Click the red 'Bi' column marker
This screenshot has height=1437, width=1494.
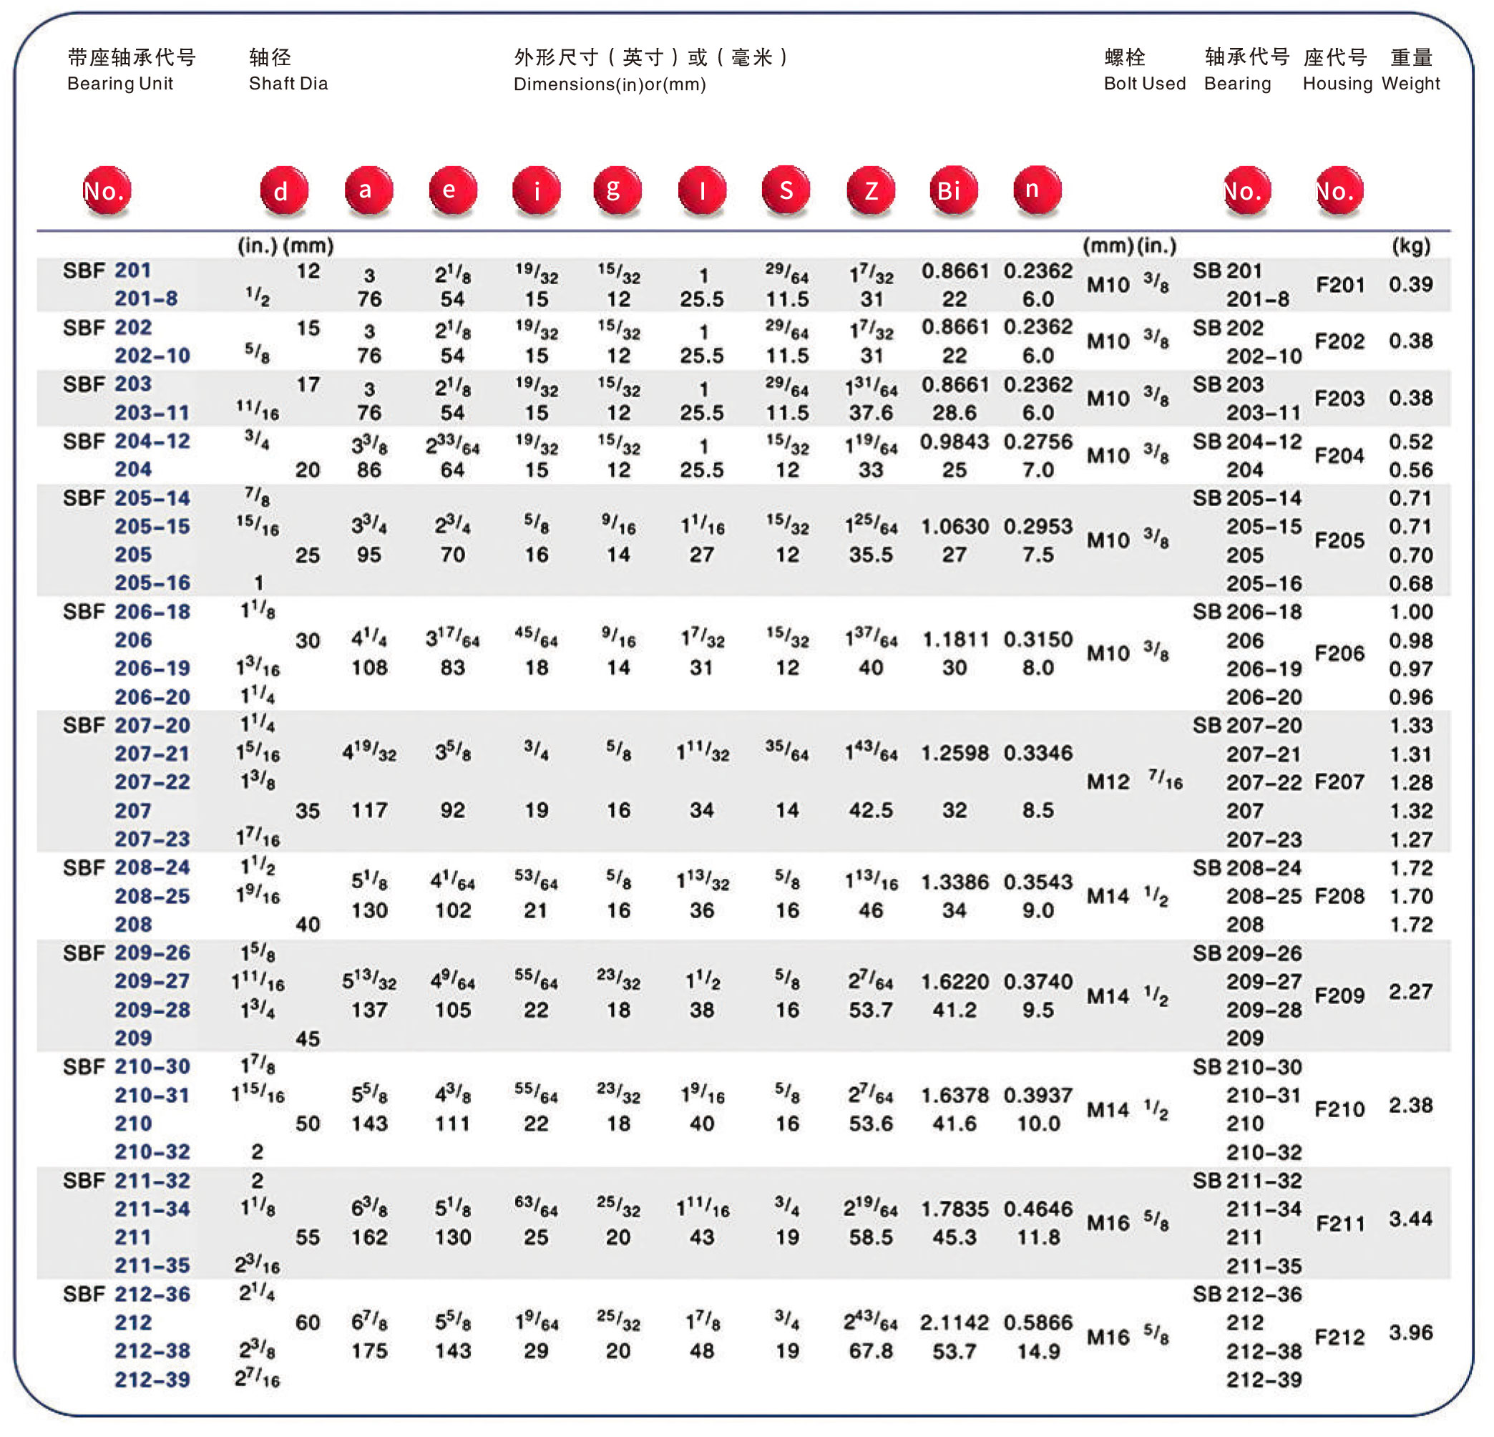[x=953, y=190]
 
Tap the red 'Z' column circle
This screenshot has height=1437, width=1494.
[x=871, y=190]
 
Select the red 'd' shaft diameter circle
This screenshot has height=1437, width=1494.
[x=283, y=190]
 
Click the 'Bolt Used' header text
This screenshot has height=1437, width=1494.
[x=1144, y=84]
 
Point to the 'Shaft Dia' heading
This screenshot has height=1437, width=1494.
[x=288, y=84]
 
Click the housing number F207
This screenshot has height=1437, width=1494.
[x=1339, y=782]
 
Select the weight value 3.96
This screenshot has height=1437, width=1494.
[x=1410, y=1333]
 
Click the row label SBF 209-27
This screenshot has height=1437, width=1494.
[x=152, y=981]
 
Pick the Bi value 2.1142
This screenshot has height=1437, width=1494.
[x=954, y=1322]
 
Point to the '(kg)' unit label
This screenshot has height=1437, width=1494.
[x=1410, y=245]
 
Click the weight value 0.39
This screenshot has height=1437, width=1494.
[x=1410, y=284]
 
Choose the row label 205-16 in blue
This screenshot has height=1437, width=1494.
[x=152, y=583]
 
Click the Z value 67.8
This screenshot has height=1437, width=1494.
[x=871, y=1351]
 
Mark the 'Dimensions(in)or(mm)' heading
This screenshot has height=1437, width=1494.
[x=610, y=84]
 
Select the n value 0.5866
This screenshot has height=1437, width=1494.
[x=1037, y=1322]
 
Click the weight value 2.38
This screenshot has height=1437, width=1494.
[x=1410, y=1106]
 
